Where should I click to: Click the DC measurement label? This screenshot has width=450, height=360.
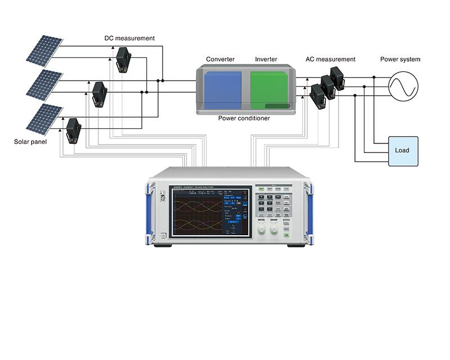point(129,38)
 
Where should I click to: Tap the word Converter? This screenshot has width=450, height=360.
point(220,59)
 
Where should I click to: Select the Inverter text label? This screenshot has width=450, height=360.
point(266,59)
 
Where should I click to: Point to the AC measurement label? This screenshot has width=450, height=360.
point(330,59)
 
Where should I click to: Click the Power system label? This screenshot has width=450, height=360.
point(400,59)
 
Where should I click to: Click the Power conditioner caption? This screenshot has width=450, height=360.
point(244,119)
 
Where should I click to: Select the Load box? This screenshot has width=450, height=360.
point(402,151)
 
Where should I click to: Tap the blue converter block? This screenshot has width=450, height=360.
point(223,90)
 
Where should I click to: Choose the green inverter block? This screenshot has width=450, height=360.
point(269,90)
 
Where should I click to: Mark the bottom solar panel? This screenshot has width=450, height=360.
point(44,119)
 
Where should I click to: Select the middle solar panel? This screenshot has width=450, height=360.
point(44,84)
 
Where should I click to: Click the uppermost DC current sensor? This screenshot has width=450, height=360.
point(123,59)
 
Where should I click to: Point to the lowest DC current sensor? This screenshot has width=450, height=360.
point(73,130)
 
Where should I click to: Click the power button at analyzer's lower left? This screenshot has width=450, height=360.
point(163,236)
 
